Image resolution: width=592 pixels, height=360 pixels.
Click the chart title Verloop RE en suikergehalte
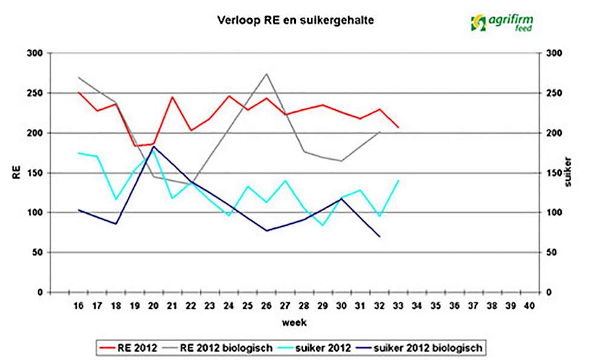pos(295,20)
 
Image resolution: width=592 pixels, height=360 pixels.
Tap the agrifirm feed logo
pos(501,22)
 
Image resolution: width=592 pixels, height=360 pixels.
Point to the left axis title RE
pos(16,174)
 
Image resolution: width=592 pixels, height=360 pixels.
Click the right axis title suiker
pos(569,174)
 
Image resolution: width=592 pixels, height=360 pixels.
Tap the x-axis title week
pos(294,322)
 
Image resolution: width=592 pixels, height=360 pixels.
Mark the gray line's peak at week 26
pos(266,74)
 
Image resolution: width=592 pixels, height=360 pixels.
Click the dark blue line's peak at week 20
pos(154,146)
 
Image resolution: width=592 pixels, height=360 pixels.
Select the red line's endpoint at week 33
pos(398,127)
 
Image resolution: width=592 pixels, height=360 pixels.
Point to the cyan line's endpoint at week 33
pos(398,180)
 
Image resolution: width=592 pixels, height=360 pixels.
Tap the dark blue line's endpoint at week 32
pos(380,236)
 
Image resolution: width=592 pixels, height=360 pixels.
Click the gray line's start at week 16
pos(79,77)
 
